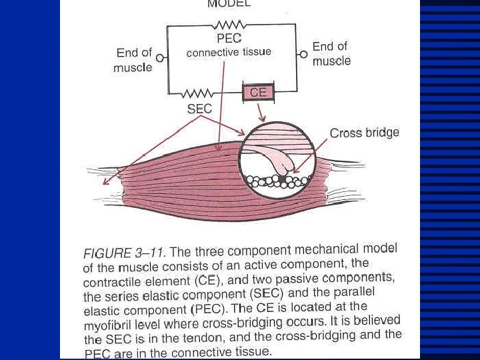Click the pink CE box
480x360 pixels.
[258, 92]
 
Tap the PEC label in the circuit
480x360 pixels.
[229, 39]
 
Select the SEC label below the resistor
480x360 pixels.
[199, 107]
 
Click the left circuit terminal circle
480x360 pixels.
[160, 58]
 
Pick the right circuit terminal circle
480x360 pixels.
[303, 54]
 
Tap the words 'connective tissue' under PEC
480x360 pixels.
[229, 52]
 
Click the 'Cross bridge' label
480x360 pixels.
[365, 133]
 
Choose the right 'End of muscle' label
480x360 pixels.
[331, 53]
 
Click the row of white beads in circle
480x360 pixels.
[274, 181]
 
